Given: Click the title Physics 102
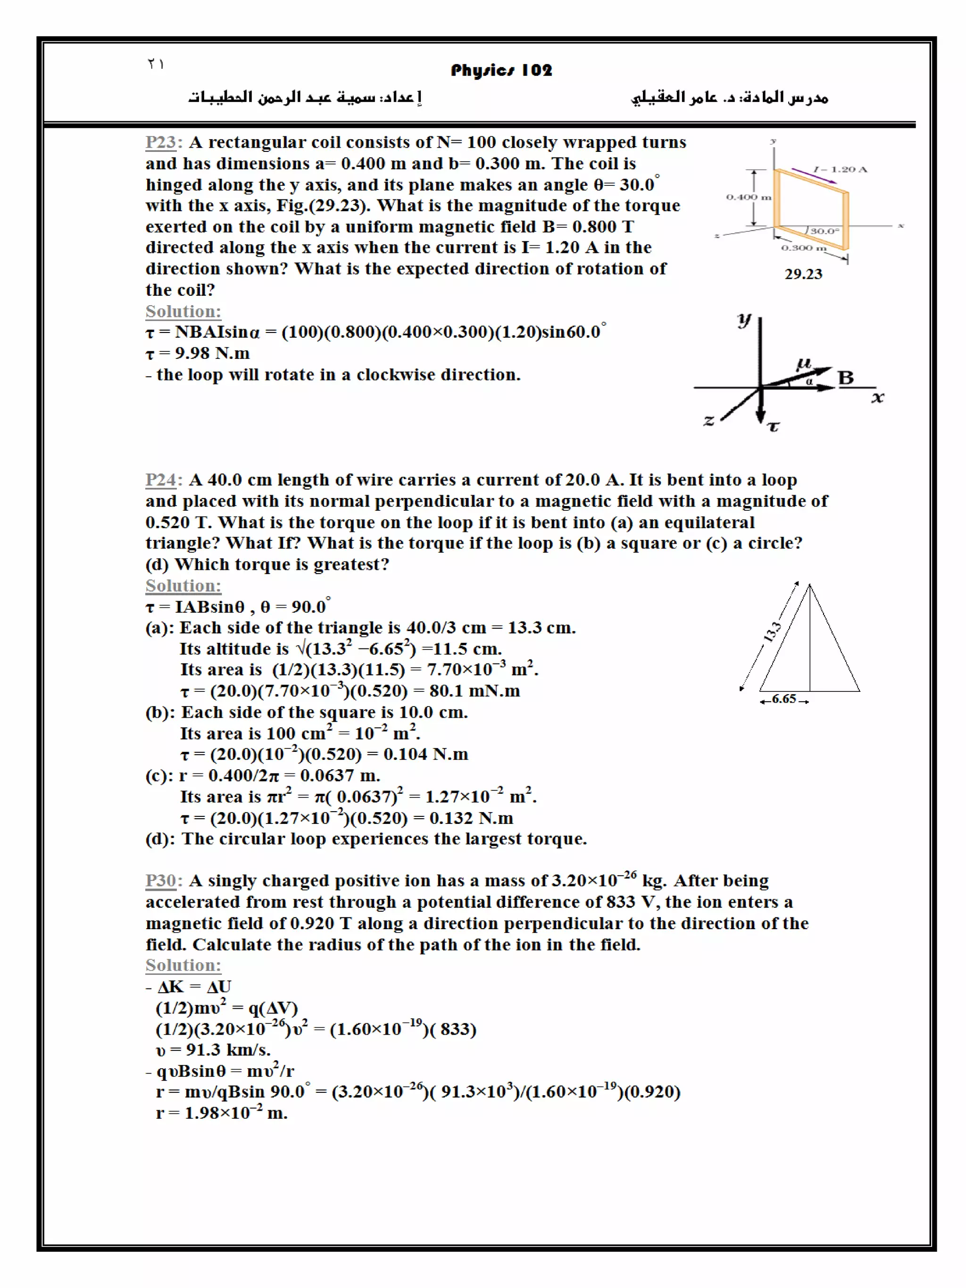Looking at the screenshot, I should pos(501,70).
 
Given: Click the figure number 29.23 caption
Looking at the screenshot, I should pos(803,274).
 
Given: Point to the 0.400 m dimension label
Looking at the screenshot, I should pos(748,198).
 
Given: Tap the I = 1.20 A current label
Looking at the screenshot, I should pos(840,169).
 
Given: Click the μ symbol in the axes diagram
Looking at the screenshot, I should pos(804,365).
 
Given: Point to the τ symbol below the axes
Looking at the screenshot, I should pos(773,427).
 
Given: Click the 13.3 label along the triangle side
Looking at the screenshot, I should pos(772,632).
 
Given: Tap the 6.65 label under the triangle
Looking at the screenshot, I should pos(784,699).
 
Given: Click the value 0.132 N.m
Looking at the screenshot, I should pos(471,818).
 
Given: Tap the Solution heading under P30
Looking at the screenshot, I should pos(183,965).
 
